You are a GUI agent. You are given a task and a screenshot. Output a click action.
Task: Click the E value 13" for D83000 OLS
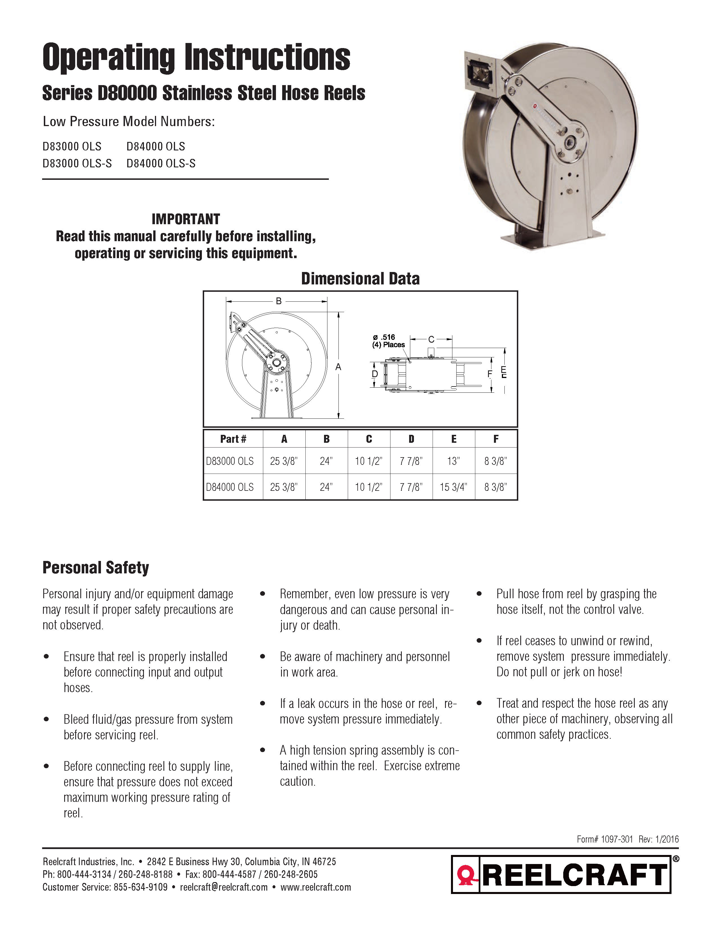click(x=453, y=461)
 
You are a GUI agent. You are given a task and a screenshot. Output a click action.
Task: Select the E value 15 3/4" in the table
click(x=453, y=487)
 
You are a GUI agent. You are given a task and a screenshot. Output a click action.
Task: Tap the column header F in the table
click(x=496, y=439)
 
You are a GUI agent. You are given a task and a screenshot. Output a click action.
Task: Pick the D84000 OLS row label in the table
click(x=230, y=487)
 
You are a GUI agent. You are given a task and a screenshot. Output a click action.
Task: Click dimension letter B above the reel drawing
click(x=279, y=301)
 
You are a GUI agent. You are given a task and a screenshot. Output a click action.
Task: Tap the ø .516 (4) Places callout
click(x=388, y=341)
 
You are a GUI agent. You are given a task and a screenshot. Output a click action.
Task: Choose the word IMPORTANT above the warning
click(x=185, y=219)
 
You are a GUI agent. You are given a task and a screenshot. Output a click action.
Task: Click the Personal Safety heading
click(x=96, y=568)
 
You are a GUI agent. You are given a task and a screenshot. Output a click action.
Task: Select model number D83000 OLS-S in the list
click(x=77, y=163)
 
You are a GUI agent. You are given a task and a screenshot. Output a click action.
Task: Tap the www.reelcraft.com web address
click(x=316, y=887)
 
